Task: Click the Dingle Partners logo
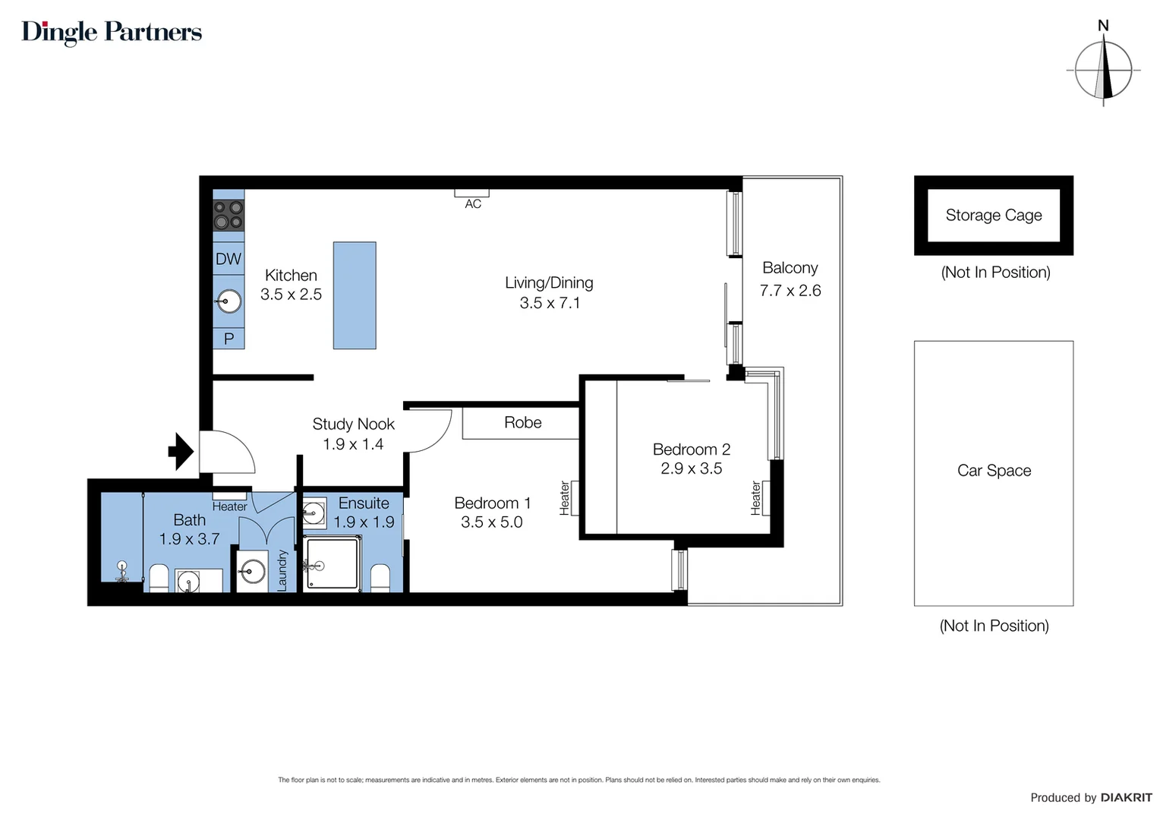112,32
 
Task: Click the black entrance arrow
181,452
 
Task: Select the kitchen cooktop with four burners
229,215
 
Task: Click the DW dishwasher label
229,259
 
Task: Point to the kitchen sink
229,301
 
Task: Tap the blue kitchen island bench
355,295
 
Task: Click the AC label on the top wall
473,204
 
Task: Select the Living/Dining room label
549,282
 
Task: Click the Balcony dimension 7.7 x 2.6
790,290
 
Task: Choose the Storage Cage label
993,215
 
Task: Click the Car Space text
994,470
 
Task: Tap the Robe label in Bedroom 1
522,423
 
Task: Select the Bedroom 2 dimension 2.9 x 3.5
691,468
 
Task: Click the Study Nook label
353,424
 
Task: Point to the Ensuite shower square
332,563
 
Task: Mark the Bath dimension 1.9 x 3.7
189,539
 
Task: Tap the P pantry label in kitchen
229,339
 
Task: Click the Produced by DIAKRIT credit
1090,797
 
